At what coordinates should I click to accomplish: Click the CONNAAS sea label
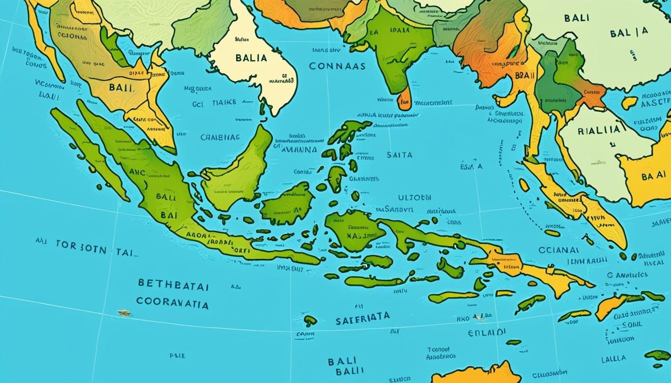coord(337,66)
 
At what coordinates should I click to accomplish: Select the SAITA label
coord(399,155)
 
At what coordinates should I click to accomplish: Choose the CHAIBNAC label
coord(220,137)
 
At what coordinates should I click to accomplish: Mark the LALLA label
coord(614,359)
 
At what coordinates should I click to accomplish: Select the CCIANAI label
coord(559,250)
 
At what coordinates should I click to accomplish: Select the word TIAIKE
coord(223,103)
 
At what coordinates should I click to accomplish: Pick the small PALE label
coord(177,356)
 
